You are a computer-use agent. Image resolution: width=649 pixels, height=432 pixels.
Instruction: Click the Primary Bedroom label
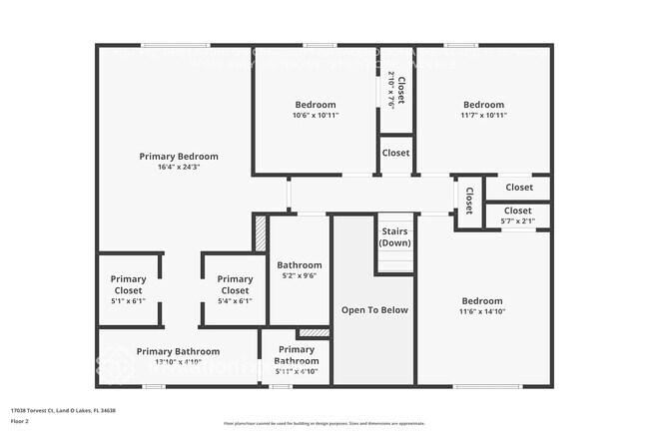[x=179, y=157]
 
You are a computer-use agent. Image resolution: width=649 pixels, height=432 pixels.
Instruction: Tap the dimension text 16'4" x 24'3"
[x=179, y=168]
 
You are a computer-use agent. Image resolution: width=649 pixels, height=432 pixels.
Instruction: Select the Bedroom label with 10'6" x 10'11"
[x=315, y=105]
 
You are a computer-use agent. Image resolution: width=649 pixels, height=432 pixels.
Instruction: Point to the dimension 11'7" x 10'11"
[x=483, y=116]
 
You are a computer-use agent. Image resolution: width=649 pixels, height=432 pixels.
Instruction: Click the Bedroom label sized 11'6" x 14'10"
[x=481, y=301]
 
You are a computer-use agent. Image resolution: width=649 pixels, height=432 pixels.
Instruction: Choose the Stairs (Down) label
[x=395, y=237]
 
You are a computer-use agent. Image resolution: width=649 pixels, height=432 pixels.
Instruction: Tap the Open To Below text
[x=374, y=310]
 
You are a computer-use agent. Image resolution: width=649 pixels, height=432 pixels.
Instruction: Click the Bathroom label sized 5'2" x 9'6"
[x=299, y=266]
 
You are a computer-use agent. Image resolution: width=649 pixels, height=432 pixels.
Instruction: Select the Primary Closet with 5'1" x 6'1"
[x=128, y=285]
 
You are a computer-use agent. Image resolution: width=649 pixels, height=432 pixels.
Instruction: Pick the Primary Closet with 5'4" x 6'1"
[x=235, y=285]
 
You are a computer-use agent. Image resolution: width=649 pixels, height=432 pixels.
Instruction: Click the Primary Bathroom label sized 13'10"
[x=178, y=352]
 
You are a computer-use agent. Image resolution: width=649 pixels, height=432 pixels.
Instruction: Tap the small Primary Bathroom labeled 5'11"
[x=296, y=355]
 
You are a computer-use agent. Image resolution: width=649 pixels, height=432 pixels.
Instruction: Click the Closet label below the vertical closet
[x=395, y=154]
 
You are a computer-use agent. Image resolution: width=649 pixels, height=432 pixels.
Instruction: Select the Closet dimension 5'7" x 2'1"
[x=517, y=221]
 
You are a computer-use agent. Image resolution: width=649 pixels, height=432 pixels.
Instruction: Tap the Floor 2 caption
[x=20, y=421]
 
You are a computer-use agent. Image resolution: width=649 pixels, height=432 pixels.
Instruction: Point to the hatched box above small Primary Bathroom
[x=314, y=332]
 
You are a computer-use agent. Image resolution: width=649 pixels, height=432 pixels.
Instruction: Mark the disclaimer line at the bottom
[x=324, y=424]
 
